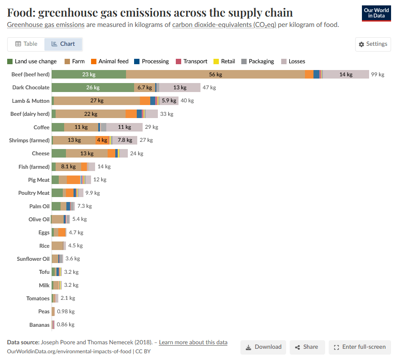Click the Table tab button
(x=26, y=44)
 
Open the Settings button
(x=373, y=44)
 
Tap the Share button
(x=307, y=347)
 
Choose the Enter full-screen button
(x=360, y=347)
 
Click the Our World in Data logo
(x=376, y=13)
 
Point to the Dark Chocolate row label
(x=31, y=88)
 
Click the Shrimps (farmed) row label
(x=29, y=140)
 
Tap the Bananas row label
(x=39, y=325)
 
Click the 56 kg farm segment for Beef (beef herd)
(x=215, y=75)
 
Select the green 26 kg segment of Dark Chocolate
(x=93, y=88)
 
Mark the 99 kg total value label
(x=378, y=75)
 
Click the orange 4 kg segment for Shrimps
(x=102, y=140)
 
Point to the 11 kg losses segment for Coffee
(x=124, y=127)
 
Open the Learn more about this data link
(x=193, y=342)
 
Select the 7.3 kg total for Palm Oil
(x=84, y=206)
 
